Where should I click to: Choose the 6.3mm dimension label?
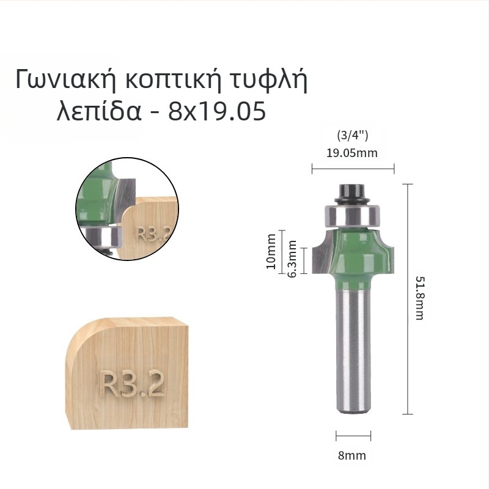292,258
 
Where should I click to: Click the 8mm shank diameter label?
353,455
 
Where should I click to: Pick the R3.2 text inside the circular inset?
150,234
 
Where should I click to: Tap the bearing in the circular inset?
101,237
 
